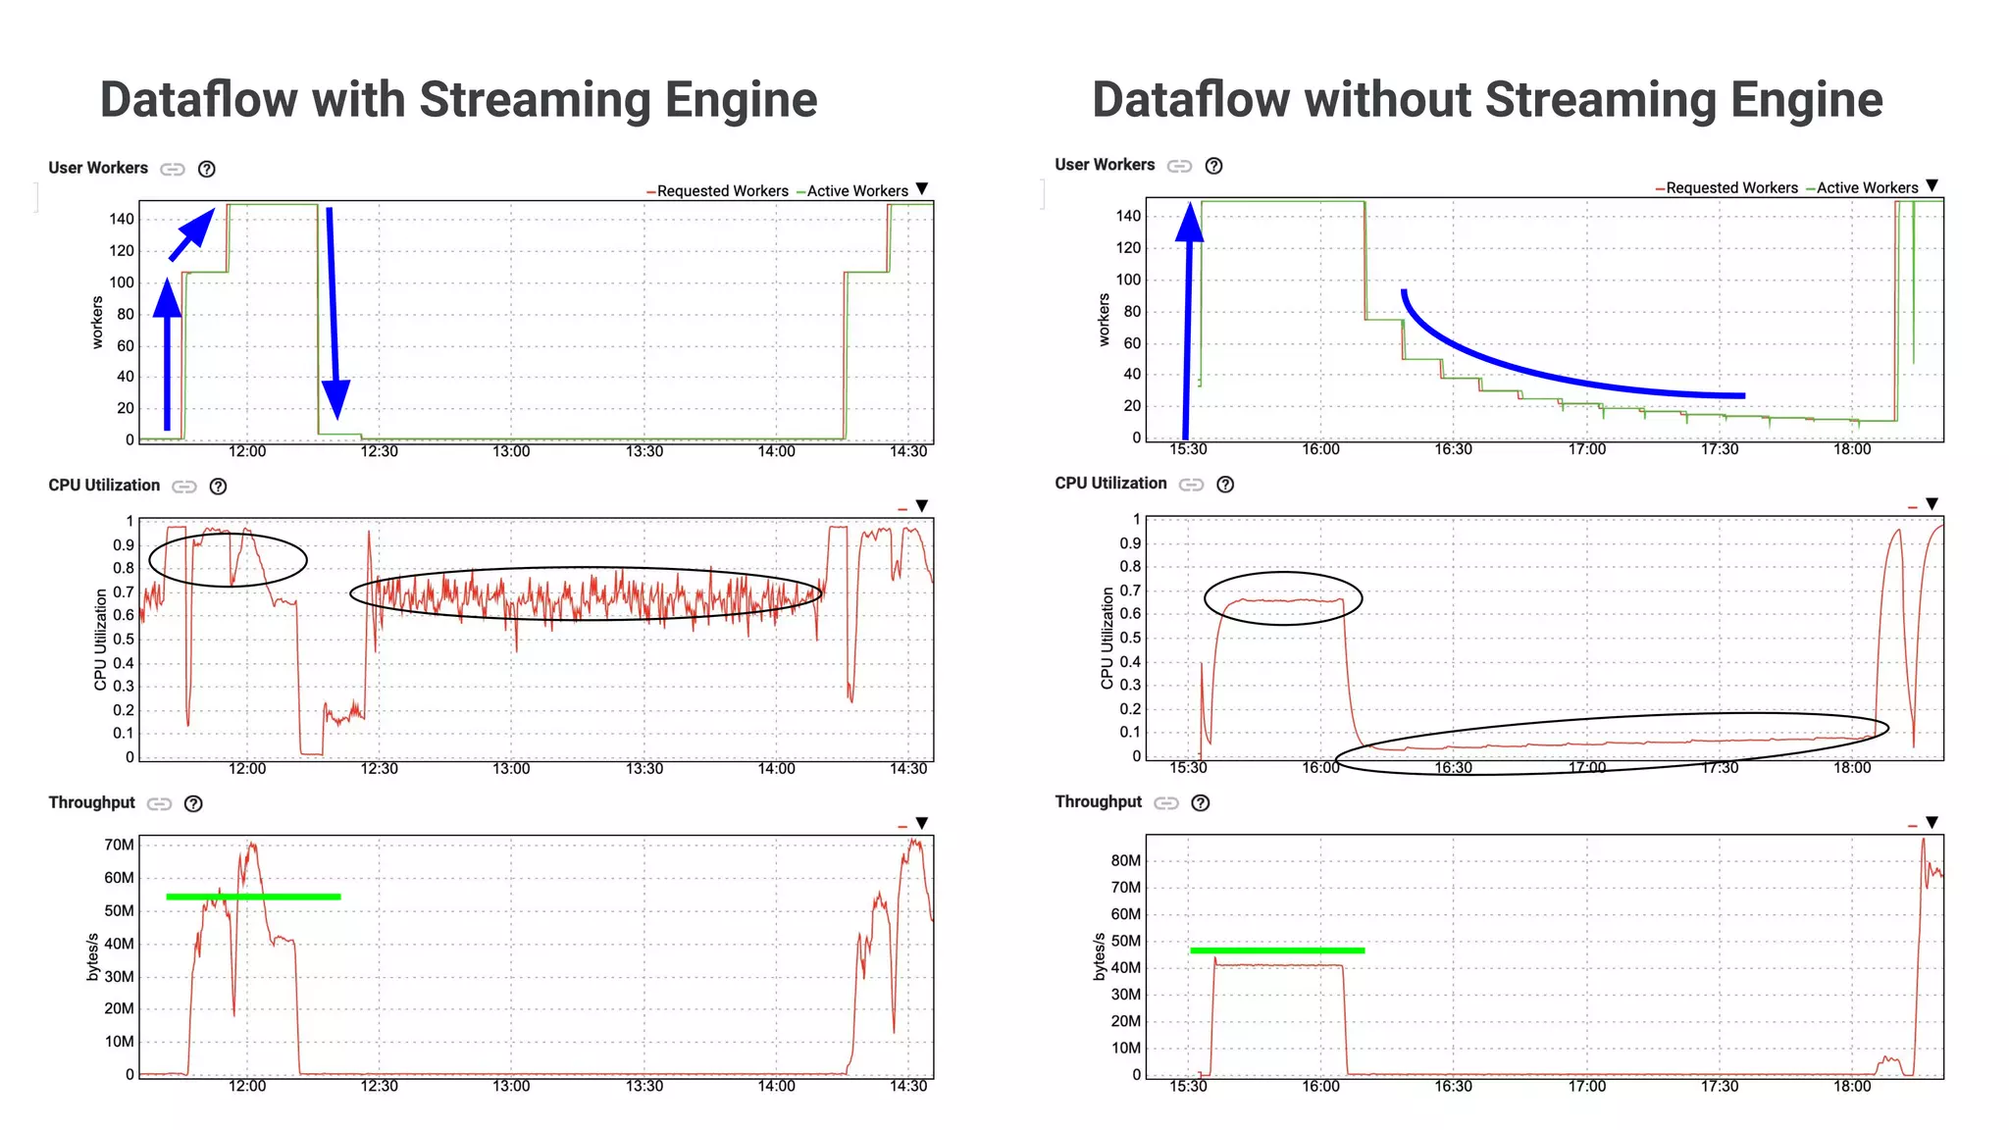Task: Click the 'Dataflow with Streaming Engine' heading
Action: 458,100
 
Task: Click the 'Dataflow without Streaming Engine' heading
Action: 1487,100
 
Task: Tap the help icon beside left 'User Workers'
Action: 206,169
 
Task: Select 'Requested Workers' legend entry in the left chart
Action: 722,191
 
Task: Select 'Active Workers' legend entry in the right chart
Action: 1866,187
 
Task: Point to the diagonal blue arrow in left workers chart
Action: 192,233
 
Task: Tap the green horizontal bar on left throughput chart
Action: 253,897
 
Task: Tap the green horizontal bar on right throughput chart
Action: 1277,950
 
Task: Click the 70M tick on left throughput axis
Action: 120,845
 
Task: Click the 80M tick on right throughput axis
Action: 1125,860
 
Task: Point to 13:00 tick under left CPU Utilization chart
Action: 511,768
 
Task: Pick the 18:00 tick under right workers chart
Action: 1852,449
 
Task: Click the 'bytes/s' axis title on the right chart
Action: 1099,956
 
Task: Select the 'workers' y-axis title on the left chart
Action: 97,322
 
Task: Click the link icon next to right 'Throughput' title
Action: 1165,802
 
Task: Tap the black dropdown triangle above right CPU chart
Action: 1932,504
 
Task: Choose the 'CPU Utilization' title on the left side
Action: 104,486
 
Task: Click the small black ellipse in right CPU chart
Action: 1283,598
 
